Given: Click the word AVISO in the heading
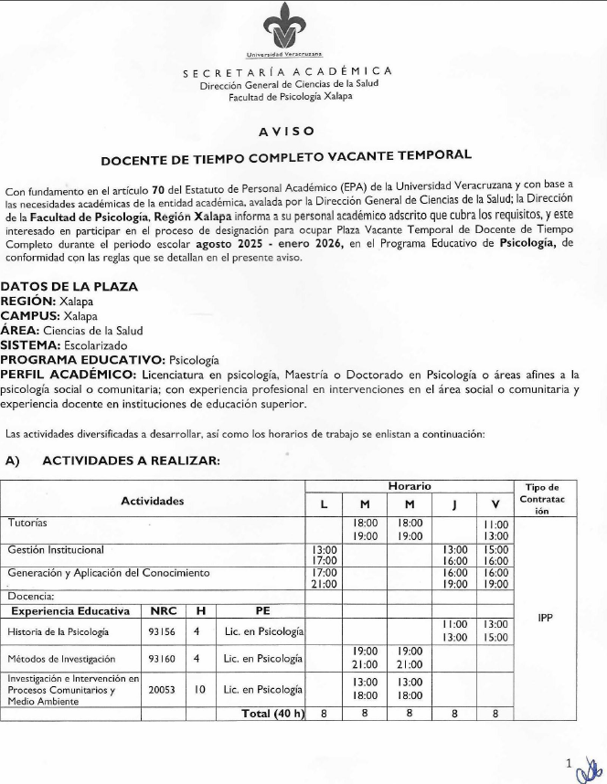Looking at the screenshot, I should click(x=286, y=130).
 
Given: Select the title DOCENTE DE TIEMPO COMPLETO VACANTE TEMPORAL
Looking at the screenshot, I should click(x=286, y=158).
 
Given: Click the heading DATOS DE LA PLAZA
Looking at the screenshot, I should click(x=69, y=286).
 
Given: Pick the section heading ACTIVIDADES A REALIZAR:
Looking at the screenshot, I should click(x=131, y=461).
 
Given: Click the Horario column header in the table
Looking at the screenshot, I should click(x=409, y=487).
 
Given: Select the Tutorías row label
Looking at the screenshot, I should click(x=28, y=523).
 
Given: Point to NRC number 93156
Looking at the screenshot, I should click(x=162, y=631).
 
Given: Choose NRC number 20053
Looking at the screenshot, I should click(x=162, y=691).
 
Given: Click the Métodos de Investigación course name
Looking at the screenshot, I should click(x=62, y=659).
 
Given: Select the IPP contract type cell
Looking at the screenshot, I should click(x=542, y=619).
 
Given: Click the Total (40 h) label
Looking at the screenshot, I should click(x=272, y=714).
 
